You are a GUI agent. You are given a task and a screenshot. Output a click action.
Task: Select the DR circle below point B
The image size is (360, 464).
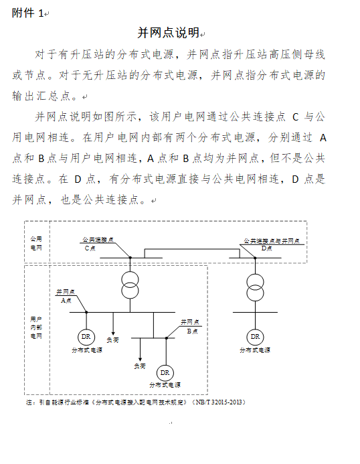click(x=165, y=372)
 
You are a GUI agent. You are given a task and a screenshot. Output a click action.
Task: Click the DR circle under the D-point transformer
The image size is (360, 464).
click(x=254, y=336)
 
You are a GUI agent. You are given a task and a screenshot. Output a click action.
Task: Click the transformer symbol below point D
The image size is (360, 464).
click(x=254, y=287)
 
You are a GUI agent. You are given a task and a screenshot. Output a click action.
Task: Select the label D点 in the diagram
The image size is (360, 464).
click(x=267, y=248)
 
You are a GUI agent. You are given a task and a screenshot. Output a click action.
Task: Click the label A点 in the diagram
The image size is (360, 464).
click(x=66, y=301)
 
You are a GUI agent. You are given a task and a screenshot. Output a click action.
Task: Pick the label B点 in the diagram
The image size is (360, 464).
click(x=192, y=331)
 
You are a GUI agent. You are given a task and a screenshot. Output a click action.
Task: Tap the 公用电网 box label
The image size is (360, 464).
click(x=36, y=243)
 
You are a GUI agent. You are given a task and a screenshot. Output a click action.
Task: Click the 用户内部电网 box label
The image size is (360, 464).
click(x=36, y=327)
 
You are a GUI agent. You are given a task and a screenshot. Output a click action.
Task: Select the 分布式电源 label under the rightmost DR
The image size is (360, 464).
click(x=255, y=350)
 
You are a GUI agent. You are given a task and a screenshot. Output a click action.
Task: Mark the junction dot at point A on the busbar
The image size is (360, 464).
click(x=86, y=311)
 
